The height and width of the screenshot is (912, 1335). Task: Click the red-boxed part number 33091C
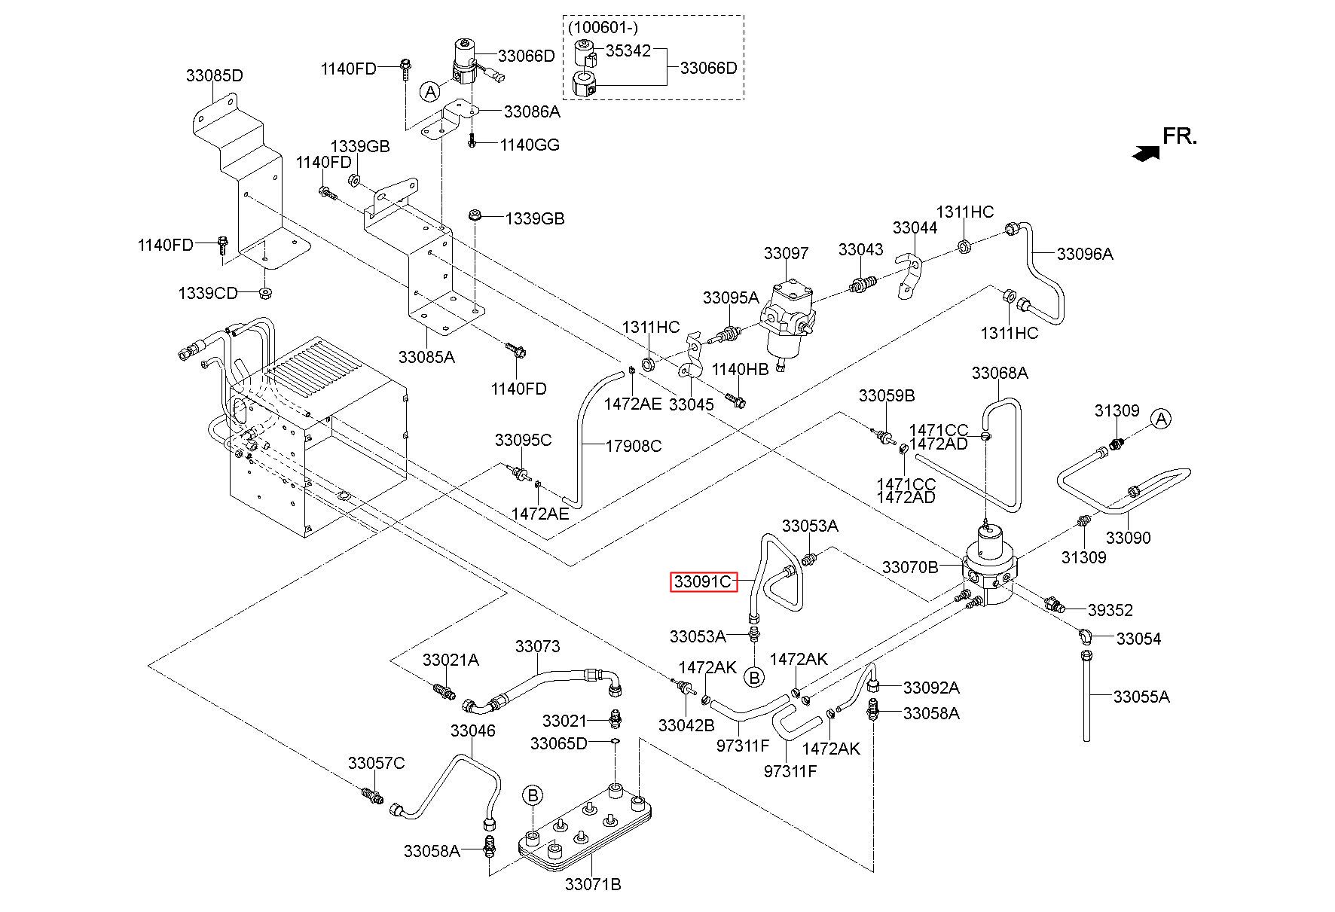pos(703,582)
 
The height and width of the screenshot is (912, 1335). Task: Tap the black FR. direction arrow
pos(1146,153)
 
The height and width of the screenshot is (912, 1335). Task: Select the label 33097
pos(786,254)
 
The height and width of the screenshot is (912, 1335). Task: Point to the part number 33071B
pos(593,884)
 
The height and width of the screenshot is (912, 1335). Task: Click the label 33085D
pos(215,76)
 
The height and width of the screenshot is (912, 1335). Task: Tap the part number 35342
pos(628,52)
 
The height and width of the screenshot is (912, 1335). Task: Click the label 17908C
pos(634,446)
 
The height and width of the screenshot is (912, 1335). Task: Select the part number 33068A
pos(1000,373)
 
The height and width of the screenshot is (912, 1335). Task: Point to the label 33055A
pos(1141,697)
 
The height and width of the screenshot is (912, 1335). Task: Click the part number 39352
pos(1110,610)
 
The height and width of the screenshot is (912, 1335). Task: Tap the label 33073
pos(538,646)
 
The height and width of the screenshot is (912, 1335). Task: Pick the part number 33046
pos(473,730)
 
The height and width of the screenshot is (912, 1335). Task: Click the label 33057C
pos(376,763)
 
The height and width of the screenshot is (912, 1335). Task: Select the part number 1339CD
pos(208,293)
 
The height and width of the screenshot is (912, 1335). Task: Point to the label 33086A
pos(532,112)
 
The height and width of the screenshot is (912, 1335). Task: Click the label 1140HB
pos(741,369)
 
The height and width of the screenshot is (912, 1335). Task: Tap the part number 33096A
pos(1085,254)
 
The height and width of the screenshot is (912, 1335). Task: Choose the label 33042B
pos(686,725)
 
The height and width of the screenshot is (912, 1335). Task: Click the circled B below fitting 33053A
pos(753,677)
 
